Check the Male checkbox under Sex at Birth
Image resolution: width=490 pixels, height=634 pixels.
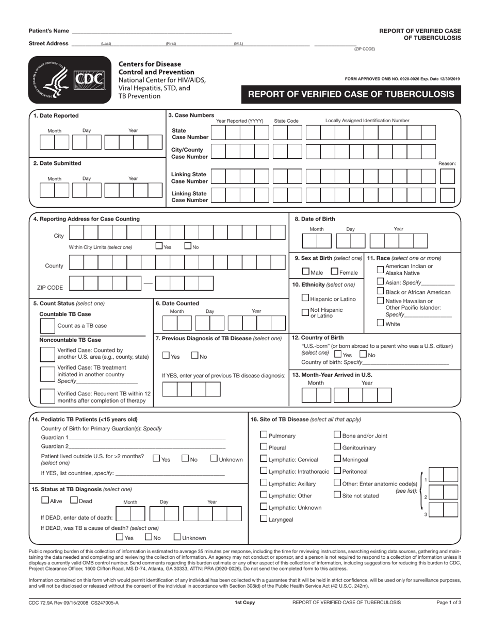[306, 272]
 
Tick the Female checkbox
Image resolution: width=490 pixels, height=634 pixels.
[334, 272]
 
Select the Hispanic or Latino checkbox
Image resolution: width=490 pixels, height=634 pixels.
[306, 298]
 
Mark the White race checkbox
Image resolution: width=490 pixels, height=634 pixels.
[381, 323]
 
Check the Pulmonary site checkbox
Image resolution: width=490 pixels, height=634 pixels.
[264, 435]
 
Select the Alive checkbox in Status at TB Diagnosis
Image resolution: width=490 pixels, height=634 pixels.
[45, 499]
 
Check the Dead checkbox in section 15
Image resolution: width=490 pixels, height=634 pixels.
[74, 499]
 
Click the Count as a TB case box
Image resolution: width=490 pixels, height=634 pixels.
[47, 326]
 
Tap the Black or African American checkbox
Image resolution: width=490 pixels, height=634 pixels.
[381, 291]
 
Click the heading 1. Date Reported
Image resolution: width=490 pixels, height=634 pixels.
[56, 116]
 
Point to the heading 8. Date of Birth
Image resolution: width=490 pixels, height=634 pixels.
[315, 219]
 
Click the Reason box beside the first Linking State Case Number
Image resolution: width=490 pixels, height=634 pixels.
[447, 176]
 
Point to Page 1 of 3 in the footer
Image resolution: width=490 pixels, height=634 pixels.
[448, 602]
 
